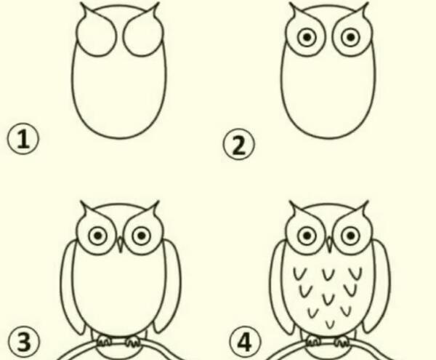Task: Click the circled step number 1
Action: click(23, 139)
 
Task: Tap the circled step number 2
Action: click(238, 145)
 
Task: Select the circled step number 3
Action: click(24, 342)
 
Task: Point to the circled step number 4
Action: click(246, 342)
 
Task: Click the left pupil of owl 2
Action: click(307, 37)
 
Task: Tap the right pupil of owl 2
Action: click(351, 37)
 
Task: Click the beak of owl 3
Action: click(120, 244)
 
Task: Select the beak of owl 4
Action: click(329, 244)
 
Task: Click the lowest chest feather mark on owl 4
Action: click(330, 324)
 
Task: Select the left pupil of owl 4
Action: click(307, 236)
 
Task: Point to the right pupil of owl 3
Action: click(142, 236)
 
